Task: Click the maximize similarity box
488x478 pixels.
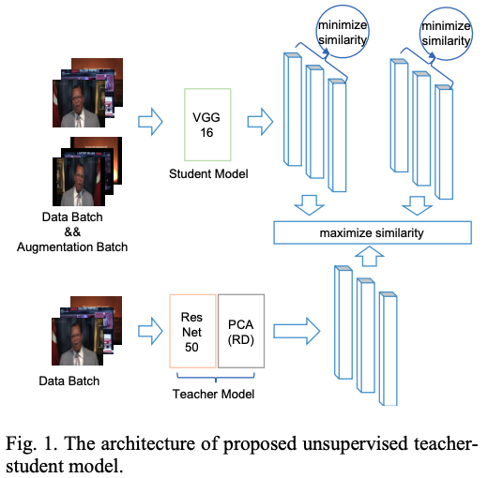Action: (x=373, y=232)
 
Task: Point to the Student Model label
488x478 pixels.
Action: (x=208, y=173)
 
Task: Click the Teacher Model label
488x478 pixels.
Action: (x=213, y=394)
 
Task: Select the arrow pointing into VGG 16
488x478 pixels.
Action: (x=150, y=122)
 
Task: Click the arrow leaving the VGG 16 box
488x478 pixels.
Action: (x=260, y=122)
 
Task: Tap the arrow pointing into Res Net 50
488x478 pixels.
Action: (x=150, y=331)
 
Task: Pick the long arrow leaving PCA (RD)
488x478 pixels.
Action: (x=297, y=331)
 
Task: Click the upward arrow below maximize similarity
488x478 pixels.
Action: (x=370, y=256)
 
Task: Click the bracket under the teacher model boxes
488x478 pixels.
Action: (x=216, y=378)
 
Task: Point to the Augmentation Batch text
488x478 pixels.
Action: (x=72, y=246)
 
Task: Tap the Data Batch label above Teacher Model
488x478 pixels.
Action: (x=69, y=381)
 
